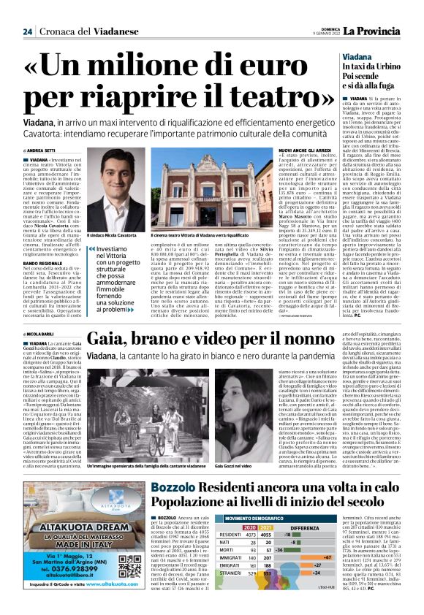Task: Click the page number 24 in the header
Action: coord(27,31)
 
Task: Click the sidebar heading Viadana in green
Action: coord(355,56)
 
